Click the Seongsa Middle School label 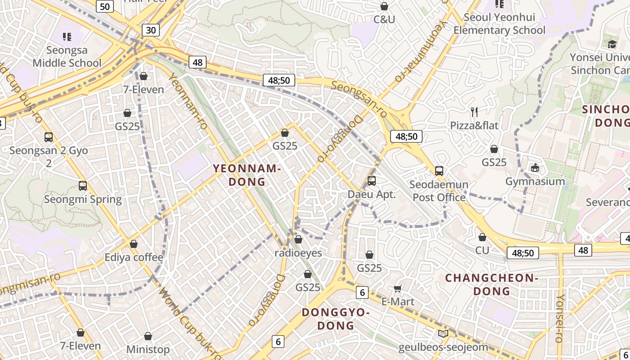(67, 56)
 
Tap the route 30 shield (151, 30)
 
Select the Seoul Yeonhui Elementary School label (499, 24)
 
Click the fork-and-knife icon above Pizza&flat (474, 112)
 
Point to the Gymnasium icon (535, 168)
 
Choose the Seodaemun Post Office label (439, 191)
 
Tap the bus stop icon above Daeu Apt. (372, 181)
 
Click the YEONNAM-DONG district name (247, 175)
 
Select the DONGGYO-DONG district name (336, 319)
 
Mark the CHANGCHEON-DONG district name (492, 284)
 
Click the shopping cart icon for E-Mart (398, 288)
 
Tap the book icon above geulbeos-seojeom (443, 333)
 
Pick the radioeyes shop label (298, 253)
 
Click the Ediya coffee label (134, 257)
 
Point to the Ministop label (148, 349)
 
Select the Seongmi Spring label (83, 199)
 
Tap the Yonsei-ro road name (560, 318)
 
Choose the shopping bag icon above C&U (384, 6)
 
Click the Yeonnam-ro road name (188, 101)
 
